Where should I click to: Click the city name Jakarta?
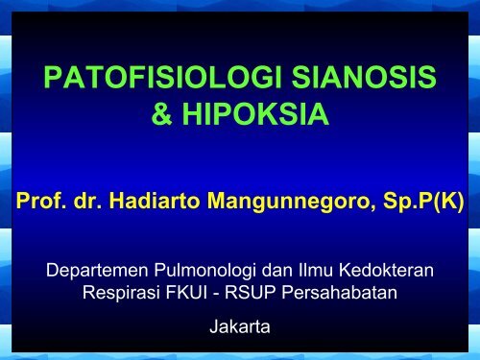(239, 325)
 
